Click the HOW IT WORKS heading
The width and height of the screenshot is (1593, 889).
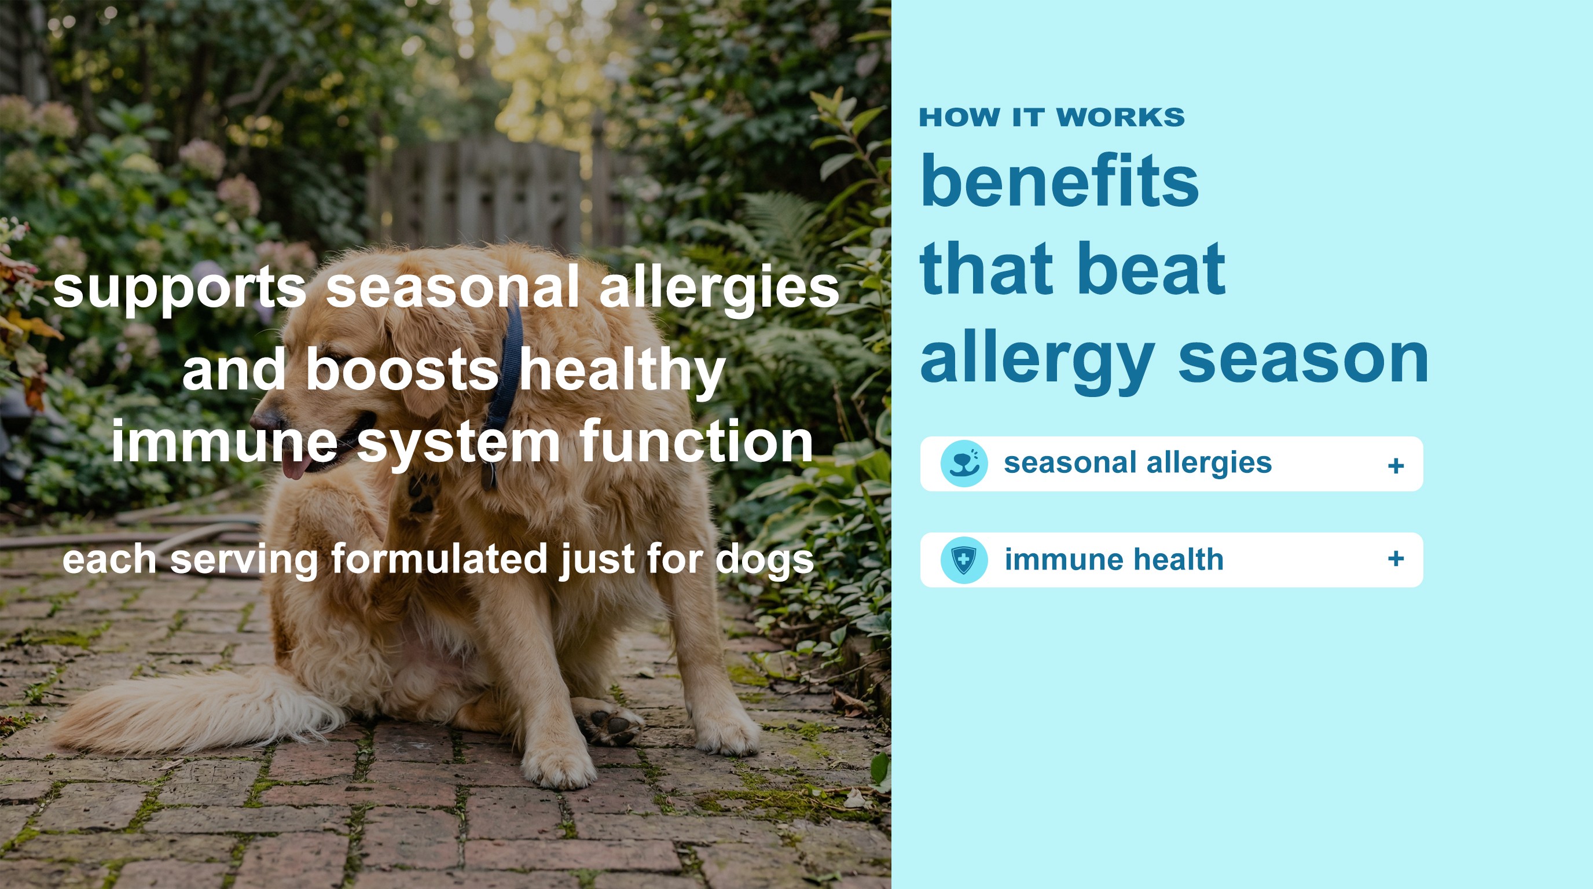(x=1051, y=117)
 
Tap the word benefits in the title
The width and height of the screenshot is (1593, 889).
(x=1059, y=181)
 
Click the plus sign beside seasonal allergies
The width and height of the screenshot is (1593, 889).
(x=1396, y=465)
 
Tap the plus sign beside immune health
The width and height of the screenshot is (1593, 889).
(x=1396, y=559)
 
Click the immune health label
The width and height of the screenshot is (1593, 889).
(x=1114, y=560)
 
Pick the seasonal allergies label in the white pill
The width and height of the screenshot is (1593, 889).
(x=1138, y=463)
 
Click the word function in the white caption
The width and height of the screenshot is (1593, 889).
(x=696, y=441)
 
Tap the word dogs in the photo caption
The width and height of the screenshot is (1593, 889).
(x=764, y=561)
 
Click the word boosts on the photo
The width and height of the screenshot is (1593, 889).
(x=402, y=369)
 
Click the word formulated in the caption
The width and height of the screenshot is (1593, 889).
(x=439, y=559)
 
